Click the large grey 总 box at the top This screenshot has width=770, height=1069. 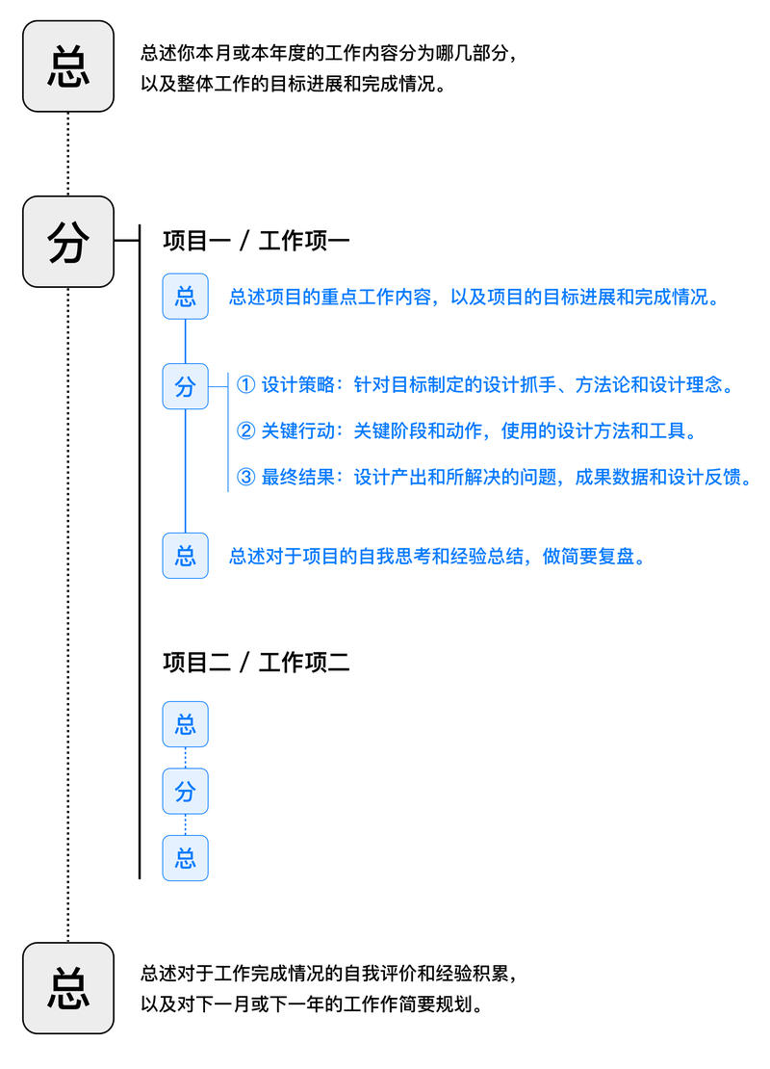68,66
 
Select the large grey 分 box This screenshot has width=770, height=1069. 68,242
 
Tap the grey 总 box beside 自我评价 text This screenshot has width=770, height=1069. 68,988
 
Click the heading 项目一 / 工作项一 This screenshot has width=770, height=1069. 256,241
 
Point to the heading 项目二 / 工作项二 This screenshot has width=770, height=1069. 256,663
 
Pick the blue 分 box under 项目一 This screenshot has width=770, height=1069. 186,386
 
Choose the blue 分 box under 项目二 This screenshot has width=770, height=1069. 186,792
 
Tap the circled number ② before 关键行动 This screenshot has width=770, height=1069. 245,431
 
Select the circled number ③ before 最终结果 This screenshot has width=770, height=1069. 245,478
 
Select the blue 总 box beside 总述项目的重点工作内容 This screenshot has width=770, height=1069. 186,296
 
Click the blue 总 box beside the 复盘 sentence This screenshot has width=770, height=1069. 186,556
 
